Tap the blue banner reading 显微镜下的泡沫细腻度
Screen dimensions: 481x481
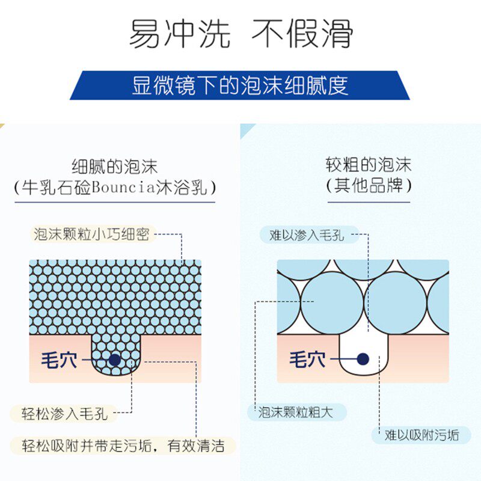[240, 85]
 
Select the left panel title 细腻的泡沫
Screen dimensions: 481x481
[115, 166]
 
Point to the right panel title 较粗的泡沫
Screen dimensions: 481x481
[369, 165]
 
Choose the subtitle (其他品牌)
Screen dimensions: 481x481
[369, 185]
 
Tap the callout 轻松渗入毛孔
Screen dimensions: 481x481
[60, 413]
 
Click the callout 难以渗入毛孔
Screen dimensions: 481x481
[307, 234]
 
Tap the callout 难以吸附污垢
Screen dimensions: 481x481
[420, 435]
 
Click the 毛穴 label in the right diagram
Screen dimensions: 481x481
[307, 360]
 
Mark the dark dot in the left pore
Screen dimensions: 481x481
[114, 360]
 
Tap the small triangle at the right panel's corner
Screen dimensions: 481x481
[247, 130]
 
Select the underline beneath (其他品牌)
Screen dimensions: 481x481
[369, 201]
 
